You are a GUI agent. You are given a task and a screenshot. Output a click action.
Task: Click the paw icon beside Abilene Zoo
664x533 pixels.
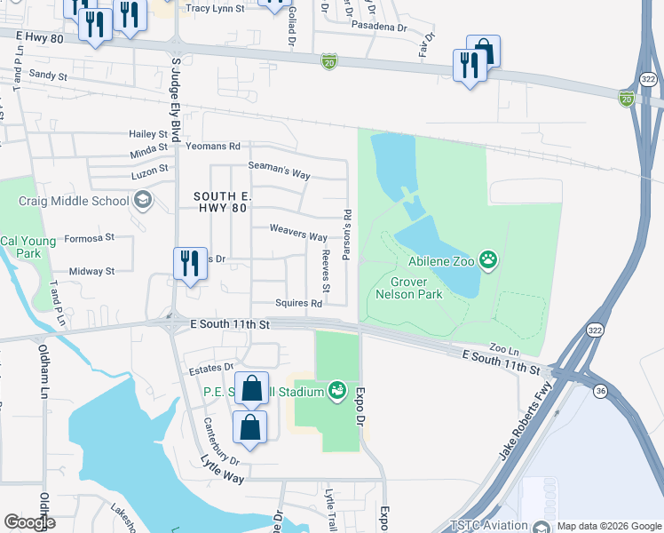coord(487,260)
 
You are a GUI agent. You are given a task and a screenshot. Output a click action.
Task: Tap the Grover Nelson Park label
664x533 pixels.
coord(409,288)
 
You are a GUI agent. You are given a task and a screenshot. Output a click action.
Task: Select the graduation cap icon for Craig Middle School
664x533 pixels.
coord(141,201)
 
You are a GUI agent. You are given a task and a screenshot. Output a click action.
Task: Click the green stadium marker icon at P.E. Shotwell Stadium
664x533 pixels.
coord(336,390)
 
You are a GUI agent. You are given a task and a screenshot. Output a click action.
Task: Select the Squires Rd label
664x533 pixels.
coord(298,303)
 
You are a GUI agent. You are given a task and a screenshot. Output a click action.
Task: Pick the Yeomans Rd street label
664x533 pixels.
coord(213,146)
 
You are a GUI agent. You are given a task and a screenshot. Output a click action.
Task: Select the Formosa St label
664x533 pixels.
coord(91,237)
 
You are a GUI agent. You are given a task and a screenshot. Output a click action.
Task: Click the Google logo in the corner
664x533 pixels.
coord(29,522)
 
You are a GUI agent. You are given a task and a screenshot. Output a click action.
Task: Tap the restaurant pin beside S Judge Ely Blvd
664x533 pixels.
coord(189,264)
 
